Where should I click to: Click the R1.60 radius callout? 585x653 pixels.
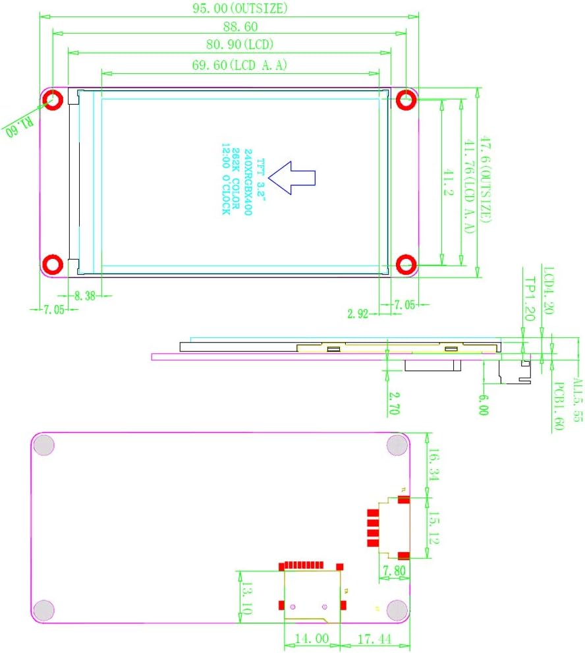coord(19,125)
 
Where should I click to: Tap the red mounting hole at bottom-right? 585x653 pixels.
coord(406,264)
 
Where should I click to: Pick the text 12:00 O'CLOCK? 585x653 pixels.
coord(225,180)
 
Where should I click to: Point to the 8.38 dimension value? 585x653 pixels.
coord(85,297)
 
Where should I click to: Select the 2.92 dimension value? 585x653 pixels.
coord(358,313)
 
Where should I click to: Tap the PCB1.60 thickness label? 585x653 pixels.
coord(557,406)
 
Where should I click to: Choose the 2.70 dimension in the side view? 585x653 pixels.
coord(394,403)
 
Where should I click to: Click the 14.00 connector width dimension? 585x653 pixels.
coord(312,639)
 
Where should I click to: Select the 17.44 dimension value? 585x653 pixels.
coord(374,639)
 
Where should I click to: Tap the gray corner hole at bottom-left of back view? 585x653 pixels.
coord(44,610)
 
